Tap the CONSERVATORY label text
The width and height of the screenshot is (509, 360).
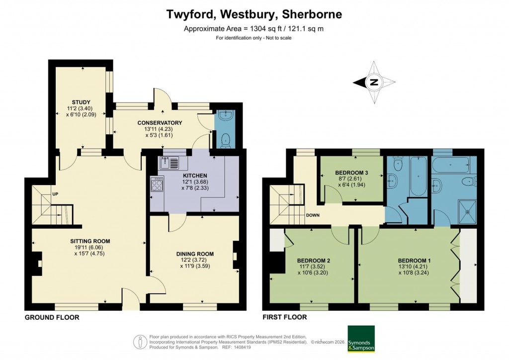coord(160,123)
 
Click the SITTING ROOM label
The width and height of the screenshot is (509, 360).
coord(89,241)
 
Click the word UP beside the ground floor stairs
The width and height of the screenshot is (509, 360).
coord(56,194)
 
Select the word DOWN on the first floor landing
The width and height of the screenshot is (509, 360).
coord(313,215)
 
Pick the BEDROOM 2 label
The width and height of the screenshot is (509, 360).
coord(314,261)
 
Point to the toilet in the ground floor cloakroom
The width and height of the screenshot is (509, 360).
coord(226,140)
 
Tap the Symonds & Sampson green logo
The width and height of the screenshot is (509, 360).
coord(361,339)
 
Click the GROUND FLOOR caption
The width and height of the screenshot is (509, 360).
coord(52,317)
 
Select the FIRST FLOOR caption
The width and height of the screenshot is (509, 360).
coord(284,317)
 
